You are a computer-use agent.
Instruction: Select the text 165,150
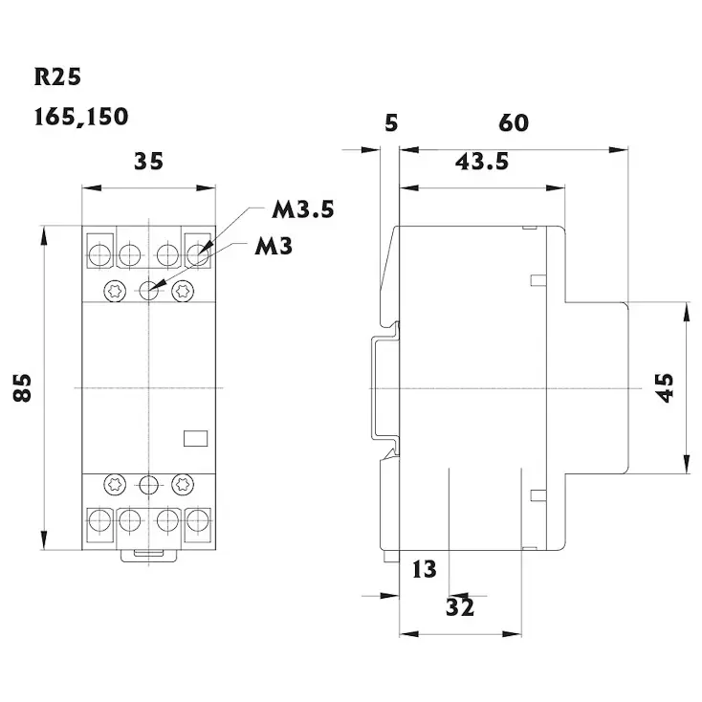[80, 118]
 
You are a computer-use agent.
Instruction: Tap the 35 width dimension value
[148, 161]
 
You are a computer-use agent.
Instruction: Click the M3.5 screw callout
[303, 209]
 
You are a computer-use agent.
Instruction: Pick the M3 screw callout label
[274, 246]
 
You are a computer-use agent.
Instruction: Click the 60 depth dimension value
[513, 123]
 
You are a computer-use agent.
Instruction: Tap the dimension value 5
[389, 123]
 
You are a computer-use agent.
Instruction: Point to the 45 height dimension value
[666, 387]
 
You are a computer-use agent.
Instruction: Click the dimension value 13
[424, 571]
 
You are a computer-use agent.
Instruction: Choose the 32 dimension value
[460, 606]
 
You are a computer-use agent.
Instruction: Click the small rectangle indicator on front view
[196, 437]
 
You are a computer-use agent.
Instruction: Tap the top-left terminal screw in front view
[99, 254]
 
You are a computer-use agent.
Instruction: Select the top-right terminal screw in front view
[198, 254]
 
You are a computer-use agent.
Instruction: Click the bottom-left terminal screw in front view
[99, 521]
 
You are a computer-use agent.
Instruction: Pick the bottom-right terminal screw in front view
[198, 521]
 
